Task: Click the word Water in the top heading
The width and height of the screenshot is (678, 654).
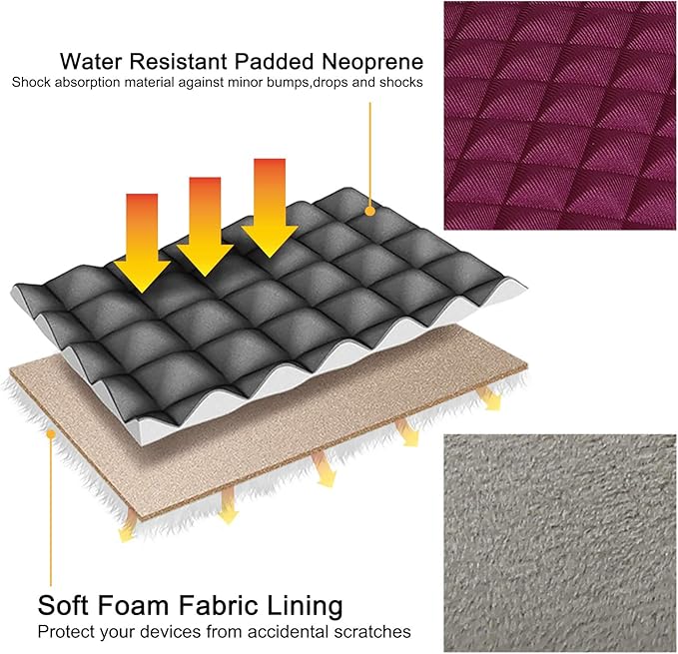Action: [x=91, y=61]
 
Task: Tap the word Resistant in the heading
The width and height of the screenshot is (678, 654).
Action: [x=179, y=61]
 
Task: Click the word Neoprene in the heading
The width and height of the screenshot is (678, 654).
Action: [x=372, y=62]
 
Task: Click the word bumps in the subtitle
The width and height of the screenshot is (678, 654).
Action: [x=289, y=83]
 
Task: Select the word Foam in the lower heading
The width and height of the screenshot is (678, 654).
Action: [x=133, y=605]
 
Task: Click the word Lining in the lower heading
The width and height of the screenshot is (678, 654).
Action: [x=305, y=606]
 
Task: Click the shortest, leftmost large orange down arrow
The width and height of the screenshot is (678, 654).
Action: [x=142, y=243]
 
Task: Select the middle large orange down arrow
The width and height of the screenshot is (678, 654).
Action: [x=205, y=227]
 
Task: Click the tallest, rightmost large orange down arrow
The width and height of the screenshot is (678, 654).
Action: [x=270, y=209]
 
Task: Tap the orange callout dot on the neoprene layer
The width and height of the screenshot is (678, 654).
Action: [x=369, y=211]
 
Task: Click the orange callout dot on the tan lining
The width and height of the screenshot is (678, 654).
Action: [x=51, y=433]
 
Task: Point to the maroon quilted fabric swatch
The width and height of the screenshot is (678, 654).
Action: [x=560, y=116]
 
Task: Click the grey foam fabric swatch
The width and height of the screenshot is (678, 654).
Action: [x=560, y=543]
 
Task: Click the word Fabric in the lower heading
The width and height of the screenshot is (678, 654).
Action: [x=218, y=605]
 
